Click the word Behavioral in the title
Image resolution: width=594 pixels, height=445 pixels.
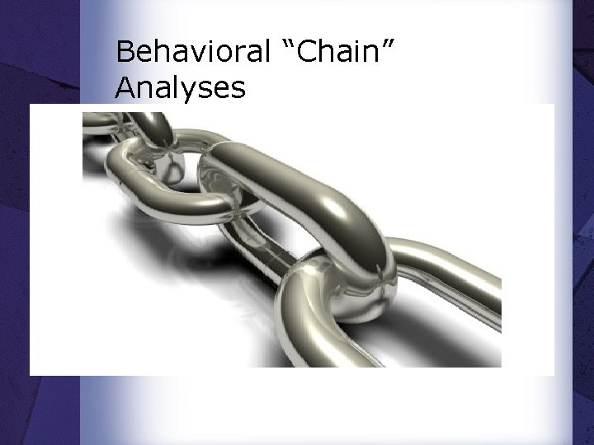(x=193, y=52)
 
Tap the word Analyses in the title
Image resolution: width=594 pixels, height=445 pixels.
(x=181, y=87)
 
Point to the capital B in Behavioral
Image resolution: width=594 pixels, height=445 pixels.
(x=125, y=52)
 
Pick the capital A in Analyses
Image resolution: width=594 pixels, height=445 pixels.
(x=126, y=87)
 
